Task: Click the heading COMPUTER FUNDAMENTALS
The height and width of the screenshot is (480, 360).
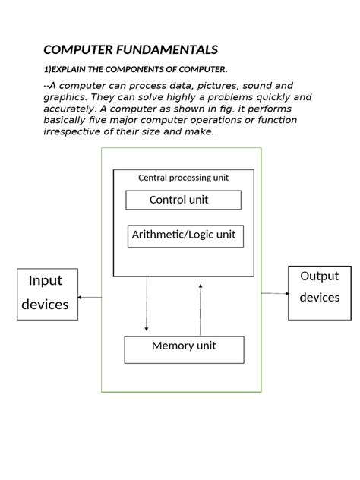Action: pos(131,50)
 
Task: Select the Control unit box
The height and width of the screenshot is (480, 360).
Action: pos(183,200)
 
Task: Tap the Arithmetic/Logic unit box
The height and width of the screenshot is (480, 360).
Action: pos(183,235)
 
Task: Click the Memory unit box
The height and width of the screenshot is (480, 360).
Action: pos(184,349)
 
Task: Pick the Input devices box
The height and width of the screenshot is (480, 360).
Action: pos(47,293)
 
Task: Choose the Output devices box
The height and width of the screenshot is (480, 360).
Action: pos(319,292)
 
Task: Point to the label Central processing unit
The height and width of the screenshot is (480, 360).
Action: pos(183,178)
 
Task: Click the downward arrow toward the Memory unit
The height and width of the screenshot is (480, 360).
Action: pos(147,304)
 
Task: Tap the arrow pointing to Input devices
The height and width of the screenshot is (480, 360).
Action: pos(90,297)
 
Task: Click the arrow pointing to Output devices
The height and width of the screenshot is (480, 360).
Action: pos(275,293)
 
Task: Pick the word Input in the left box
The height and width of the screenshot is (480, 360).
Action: pos(46,281)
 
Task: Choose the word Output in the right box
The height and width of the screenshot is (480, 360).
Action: pos(319,276)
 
